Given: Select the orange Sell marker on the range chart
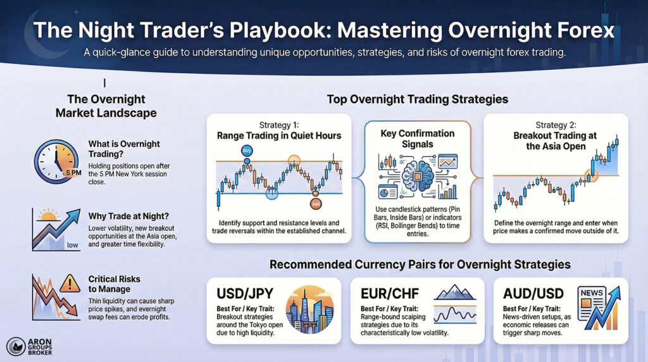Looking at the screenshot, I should (x=315, y=203).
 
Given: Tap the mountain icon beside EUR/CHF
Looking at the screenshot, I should (x=456, y=291).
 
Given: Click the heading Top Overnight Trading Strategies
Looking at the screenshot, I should (x=417, y=100).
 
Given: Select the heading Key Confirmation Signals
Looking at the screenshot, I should (x=418, y=139).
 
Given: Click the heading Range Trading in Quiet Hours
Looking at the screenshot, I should (x=278, y=135).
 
